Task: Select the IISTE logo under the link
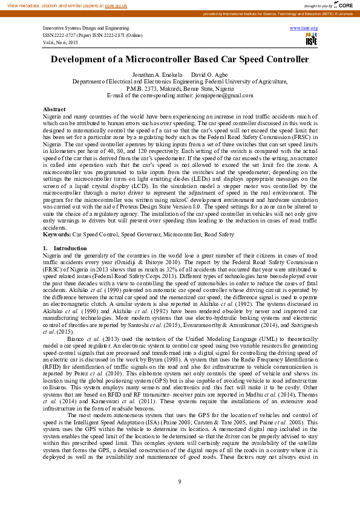pyautogui.click(x=311, y=40)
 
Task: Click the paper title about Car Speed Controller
pyautogui.click(x=180, y=60)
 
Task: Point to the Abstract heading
pyautogui.click(x=54, y=109)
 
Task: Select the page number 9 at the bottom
pyautogui.click(x=180, y=481)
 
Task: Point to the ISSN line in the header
pyautogui.click(x=93, y=35)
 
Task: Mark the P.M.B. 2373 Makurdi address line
pyautogui.click(x=180, y=88)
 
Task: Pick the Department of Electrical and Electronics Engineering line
pyautogui.click(x=180, y=81)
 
